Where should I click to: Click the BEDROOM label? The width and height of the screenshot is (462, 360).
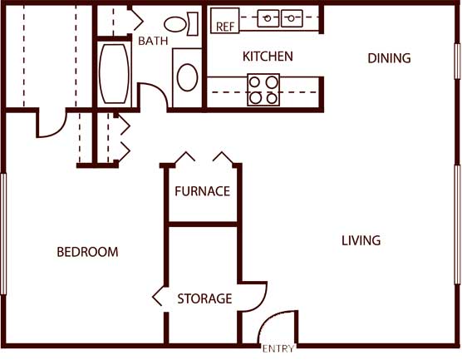pos(87,252)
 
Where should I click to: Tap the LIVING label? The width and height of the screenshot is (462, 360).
pos(361,240)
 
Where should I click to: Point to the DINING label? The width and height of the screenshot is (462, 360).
pos(389,58)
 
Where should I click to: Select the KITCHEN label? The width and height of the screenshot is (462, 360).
pos(268,57)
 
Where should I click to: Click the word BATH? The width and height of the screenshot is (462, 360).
pos(153,41)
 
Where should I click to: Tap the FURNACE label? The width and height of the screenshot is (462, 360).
pos(202,191)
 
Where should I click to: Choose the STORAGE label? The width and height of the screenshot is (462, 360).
pos(204,298)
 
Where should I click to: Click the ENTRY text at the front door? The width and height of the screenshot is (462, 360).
pos(278,349)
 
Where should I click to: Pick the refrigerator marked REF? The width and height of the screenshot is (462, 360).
pos(225,20)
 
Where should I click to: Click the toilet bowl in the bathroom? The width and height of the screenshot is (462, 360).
pos(175,24)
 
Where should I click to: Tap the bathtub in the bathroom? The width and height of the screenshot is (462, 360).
pos(114,74)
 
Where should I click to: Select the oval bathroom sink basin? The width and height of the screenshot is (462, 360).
pos(188,77)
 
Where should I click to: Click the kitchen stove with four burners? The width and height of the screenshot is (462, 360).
pos(263,90)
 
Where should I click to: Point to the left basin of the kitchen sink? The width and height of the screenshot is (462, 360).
pos(268,18)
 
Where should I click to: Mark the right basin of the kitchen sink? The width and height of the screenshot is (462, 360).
pos(292,18)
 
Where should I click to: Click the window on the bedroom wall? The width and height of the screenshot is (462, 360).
pos(3,234)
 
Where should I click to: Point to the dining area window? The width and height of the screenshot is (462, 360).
pos(457,61)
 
